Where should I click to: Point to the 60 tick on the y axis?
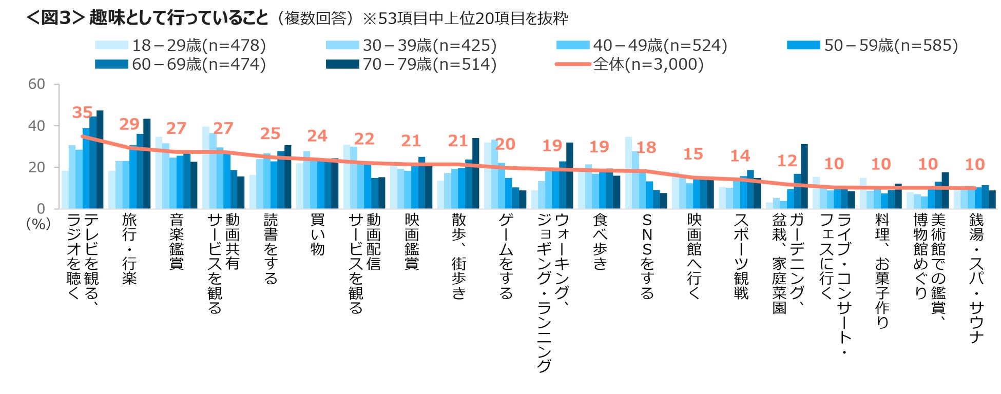(36, 84)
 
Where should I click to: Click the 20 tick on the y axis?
(36, 167)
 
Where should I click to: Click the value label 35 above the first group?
(82, 112)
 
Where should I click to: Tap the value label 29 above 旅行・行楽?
(129, 124)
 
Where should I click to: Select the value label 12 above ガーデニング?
(787, 161)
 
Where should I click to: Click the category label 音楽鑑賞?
(176, 242)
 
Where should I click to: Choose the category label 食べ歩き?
(600, 242)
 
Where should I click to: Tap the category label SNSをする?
(647, 257)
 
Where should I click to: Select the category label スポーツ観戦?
(741, 257)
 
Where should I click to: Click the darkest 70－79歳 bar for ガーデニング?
(804, 176)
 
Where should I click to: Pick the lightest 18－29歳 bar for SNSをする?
(628, 173)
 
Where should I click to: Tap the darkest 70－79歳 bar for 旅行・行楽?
(147, 164)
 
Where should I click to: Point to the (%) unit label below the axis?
(38, 224)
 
